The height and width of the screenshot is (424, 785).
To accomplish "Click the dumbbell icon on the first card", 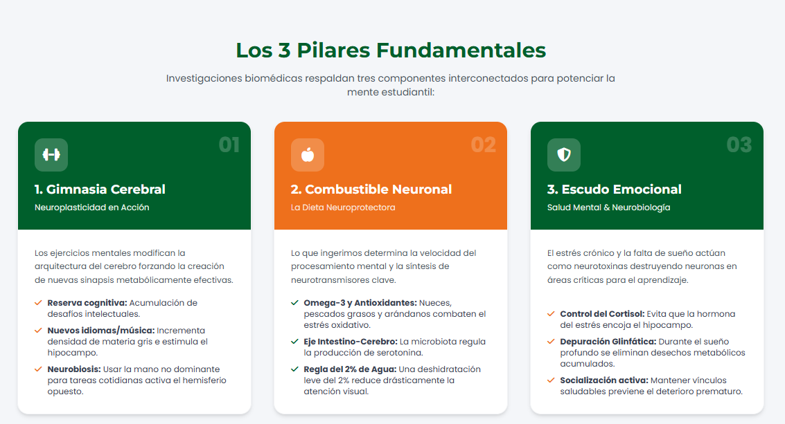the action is (51, 155).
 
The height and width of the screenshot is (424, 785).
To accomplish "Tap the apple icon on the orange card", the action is (308, 155).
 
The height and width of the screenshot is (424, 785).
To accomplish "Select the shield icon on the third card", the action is (564, 155).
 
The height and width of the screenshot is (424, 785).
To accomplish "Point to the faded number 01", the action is (229, 145).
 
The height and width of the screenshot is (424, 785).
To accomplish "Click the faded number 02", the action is (483, 145).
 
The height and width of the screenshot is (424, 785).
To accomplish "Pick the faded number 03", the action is (739, 145).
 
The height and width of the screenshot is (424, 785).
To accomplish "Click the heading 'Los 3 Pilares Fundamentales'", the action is (391, 50).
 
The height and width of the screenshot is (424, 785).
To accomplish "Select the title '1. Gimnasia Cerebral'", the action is (100, 189).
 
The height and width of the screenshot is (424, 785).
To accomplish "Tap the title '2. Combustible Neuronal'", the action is (371, 189).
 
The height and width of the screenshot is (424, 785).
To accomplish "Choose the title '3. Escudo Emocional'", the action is (615, 189).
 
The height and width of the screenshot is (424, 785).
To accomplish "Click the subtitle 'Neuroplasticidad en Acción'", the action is (91, 208).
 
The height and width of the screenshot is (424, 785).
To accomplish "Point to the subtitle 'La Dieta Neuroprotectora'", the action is (343, 208).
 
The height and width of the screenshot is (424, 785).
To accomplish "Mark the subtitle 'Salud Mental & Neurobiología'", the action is (608, 208).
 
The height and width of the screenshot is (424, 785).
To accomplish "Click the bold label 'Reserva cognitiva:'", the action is (87, 303).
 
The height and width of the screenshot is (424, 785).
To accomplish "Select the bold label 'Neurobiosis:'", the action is (74, 369).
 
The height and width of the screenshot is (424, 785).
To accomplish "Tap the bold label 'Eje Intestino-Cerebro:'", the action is (351, 342).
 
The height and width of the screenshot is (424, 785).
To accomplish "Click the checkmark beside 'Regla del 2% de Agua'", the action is (295, 369).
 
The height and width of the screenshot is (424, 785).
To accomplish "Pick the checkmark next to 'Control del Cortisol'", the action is (552, 314).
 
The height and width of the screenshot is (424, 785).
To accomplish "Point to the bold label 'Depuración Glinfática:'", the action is (608, 342).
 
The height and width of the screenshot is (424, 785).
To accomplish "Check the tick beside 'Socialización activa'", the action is (552, 380).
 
